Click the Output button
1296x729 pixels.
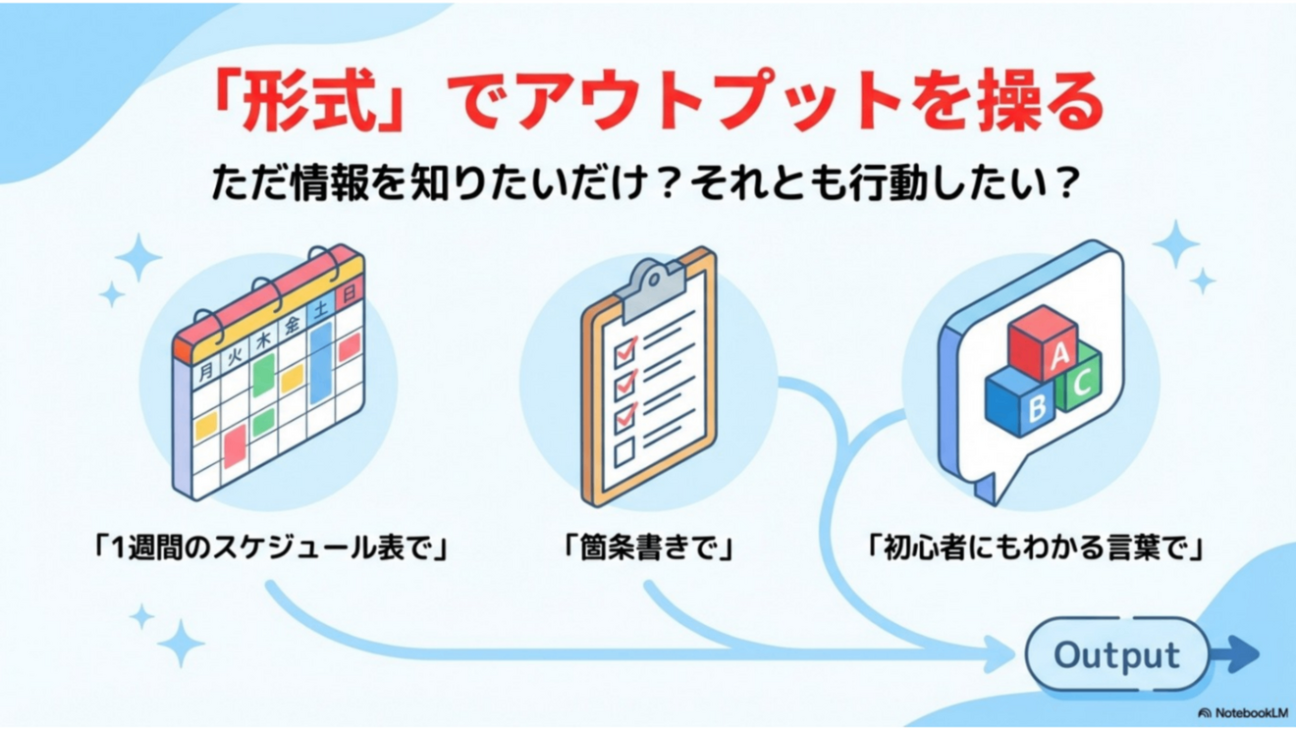pos(1117,654)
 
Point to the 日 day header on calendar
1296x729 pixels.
pos(349,290)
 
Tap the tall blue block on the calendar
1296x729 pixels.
pos(320,363)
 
